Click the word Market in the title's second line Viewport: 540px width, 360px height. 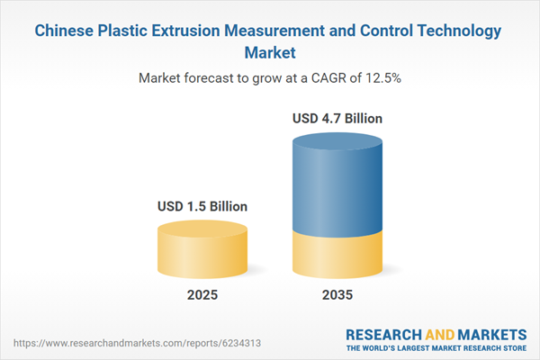coord(270,52)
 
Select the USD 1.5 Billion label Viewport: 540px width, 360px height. coord(202,206)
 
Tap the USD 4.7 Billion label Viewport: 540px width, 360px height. coord(337,118)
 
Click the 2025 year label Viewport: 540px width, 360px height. coord(202,295)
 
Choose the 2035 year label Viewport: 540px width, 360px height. coord(337,295)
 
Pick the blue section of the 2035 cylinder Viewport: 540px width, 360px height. coord(337,189)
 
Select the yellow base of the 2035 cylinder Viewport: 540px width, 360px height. coord(337,256)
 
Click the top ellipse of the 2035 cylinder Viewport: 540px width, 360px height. coord(337,144)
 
